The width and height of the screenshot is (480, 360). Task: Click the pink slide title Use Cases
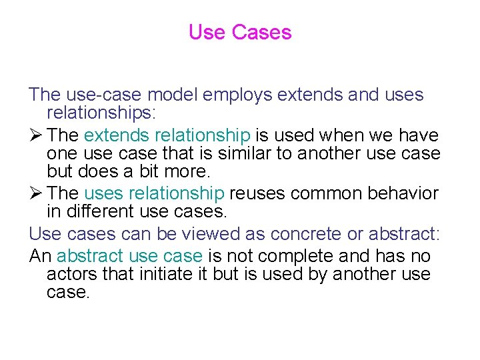(240, 32)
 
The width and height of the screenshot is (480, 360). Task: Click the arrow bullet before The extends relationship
(36, 135)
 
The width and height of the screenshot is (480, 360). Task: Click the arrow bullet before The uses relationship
(36, 194)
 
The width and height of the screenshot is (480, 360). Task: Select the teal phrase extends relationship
(167, 135)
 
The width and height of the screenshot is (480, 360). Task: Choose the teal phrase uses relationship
(154, 194)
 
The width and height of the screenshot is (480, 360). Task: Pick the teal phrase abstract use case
(129, 256)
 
